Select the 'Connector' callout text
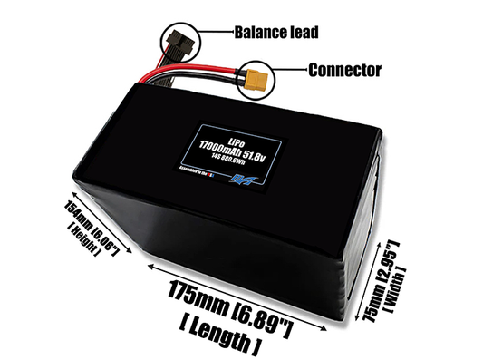click(345, 69)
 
